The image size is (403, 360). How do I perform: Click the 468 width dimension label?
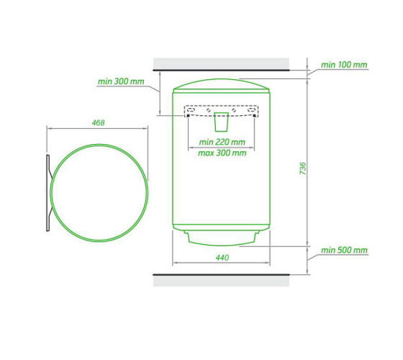(98, 122)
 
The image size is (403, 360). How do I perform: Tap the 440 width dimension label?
(222, 258)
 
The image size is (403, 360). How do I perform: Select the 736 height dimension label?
(303, 168)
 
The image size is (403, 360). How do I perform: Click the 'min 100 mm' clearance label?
(344, 65)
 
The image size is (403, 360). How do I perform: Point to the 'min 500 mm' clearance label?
(344, 250)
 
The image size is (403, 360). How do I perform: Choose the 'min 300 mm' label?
(121, 81)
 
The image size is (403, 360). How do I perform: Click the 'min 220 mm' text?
(222, 142)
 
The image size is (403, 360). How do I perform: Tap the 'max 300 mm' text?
(222, 153)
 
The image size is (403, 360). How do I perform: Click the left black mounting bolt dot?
(188, 116)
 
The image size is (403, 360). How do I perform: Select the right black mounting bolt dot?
(254, 116)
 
